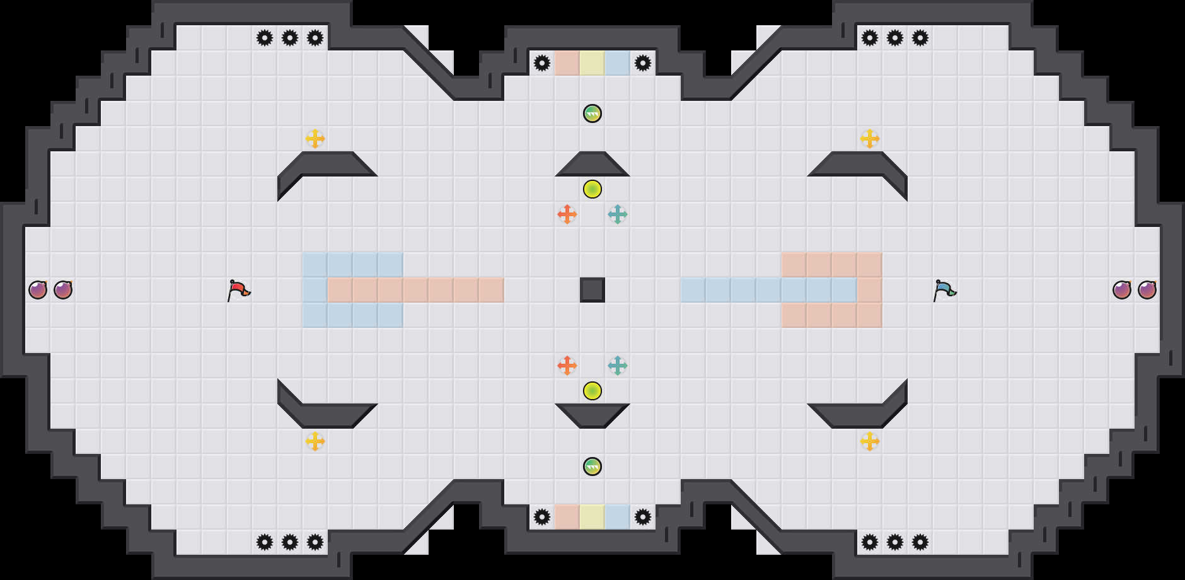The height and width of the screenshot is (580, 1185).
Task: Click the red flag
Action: click(238, 290)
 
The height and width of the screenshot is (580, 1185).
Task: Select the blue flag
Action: click(944, 290)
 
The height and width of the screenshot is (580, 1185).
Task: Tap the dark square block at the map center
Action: click(592, 290)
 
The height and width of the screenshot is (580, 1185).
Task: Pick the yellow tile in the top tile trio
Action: click(592, 63)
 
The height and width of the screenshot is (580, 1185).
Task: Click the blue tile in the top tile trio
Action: click(618, 63)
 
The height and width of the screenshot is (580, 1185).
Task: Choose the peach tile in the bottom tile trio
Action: click(567, 517)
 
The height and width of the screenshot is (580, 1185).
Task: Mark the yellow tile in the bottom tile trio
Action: click(592, 517)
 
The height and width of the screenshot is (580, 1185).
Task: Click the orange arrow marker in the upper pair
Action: click(567, 214)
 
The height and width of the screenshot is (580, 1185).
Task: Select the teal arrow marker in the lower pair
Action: click(618, 366)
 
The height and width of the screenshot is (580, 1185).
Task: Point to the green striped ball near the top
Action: click(592, 113)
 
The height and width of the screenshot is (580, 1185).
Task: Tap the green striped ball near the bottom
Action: click(592, 467)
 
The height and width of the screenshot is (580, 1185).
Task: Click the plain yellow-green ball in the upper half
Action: click(592, 189)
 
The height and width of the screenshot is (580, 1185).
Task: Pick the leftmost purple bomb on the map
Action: click(38, 290)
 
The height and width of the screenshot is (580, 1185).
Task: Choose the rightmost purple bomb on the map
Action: click(1147, 290)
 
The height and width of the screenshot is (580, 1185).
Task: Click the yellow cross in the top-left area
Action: click(315, 139)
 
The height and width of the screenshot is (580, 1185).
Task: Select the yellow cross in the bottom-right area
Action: click(870, 441)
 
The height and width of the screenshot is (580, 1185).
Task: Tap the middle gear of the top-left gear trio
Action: click(290, 38)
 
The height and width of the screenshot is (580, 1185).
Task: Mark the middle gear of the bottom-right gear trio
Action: click(895, 542)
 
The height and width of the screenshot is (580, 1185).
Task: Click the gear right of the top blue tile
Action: click(643, 63)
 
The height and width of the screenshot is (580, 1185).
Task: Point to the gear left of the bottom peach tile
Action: click(542, 517)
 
